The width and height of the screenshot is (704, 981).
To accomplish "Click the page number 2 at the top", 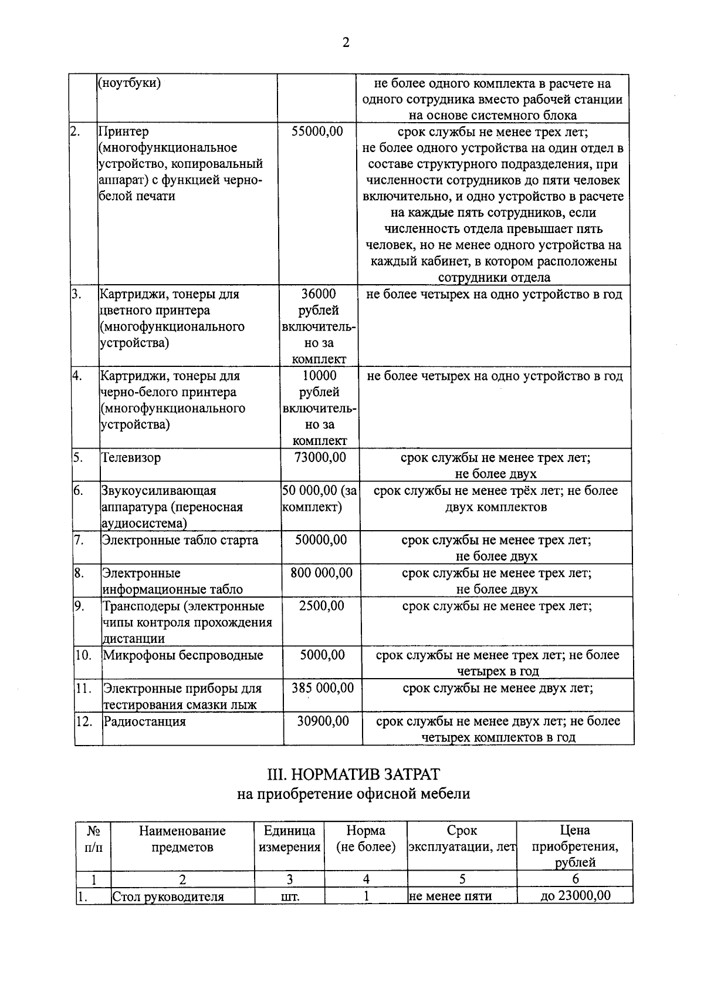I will point(346,43).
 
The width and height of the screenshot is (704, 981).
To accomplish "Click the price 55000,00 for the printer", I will point(317,132).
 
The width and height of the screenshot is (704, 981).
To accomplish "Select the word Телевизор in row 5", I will point(131,458).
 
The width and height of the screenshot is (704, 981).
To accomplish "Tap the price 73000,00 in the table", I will point(320,457).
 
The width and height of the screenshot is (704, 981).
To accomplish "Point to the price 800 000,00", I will point(321,572).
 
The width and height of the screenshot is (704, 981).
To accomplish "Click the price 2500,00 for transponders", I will point(321,606).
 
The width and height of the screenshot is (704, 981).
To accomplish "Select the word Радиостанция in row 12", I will point(145,722).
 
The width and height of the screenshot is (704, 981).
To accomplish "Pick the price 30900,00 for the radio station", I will point(323,721).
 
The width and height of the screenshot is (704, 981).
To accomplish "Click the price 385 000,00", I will point(323,688).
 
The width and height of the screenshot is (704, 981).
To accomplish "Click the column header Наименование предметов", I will point(182,839).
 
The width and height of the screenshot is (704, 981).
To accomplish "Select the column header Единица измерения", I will point(289,839).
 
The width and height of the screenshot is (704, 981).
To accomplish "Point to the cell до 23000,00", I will point(575,896).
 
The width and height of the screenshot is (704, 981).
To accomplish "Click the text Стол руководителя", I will point(168,896).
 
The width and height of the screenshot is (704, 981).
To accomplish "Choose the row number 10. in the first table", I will point(83,655).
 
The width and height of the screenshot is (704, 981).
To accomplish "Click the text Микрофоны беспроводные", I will point(183,655).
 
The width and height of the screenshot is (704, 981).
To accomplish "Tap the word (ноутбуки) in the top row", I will point(129,83).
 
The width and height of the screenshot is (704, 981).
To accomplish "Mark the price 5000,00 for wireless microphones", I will point(322,655).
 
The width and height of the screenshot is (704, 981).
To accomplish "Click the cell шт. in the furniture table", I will point(289,896).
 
